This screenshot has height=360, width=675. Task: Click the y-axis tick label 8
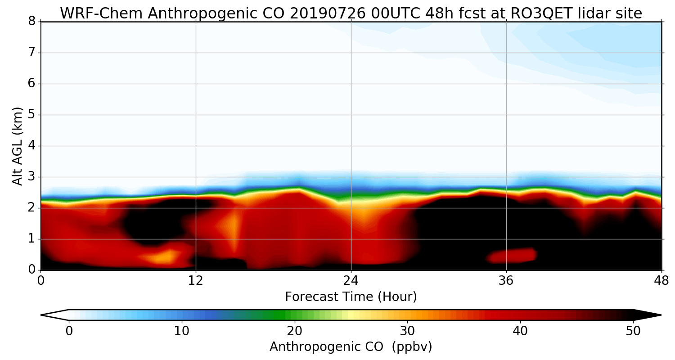pos(32,22)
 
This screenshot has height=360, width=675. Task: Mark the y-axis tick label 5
pos(32,115)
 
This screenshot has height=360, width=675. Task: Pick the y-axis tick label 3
pos(32,177)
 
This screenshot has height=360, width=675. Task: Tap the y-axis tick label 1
pos(32,239)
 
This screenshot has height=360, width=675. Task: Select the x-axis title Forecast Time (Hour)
pos(351,297)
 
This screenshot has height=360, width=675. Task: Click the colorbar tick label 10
pos(182,330)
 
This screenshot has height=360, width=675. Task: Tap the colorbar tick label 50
pos(633,330)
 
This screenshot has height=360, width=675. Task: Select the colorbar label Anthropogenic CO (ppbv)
pos(351,347)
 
